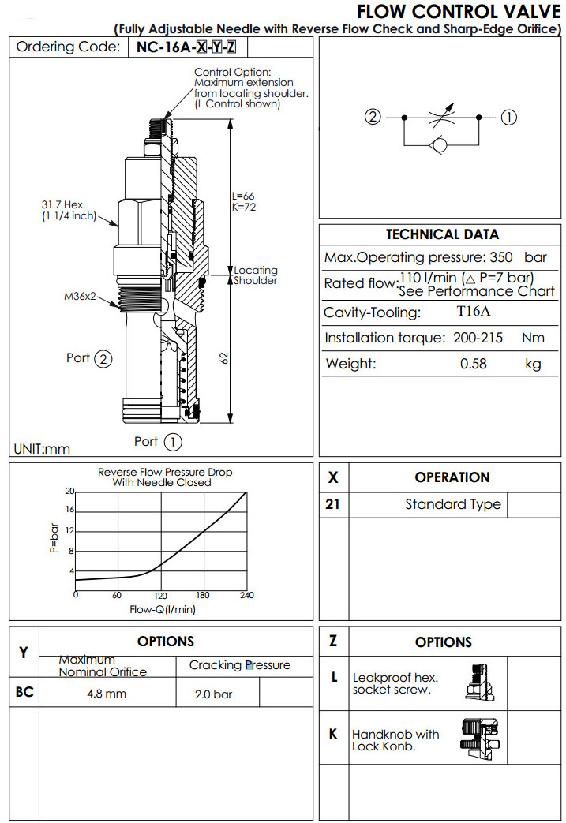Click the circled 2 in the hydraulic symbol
[373, 117]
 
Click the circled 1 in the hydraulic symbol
[509, 117]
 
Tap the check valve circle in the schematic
[440, 145]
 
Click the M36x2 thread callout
[80, 297]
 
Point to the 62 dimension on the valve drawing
[224, 357]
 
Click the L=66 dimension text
[243, 196]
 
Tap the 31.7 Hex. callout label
[69, 205]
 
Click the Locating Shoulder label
[255, 275]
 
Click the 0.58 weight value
[474, 364]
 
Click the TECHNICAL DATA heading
[442, 234]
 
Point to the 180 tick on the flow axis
[204, 596]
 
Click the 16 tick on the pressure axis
[69, 510]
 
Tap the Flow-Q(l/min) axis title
[163, 609]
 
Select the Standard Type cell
[453, 504]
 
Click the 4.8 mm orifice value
[107, 694]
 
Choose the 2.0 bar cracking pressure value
[214, 695]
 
